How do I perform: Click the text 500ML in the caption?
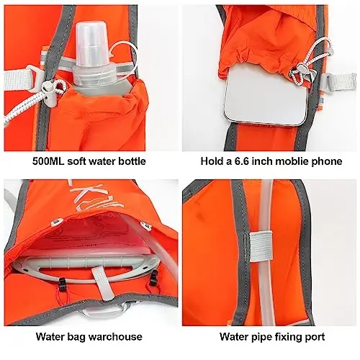(48, 161)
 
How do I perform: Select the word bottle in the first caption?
(130, 161)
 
